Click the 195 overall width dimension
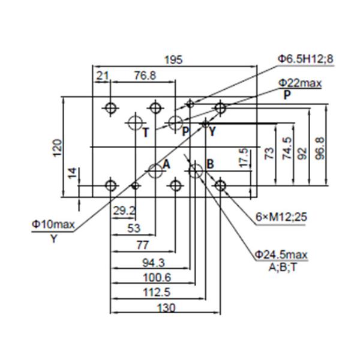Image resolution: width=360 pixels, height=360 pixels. pyautogui.click(x=173, y=59)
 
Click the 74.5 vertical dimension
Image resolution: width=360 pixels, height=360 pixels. pyautogui.click(x=287, y=148)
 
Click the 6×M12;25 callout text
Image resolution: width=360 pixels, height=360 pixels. pyautogui.click(x=281, y=217)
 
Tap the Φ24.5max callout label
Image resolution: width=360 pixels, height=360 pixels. pyautogui.click(x=281, y=256)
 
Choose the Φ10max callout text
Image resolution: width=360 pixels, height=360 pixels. pyautogui.click(x=53, y=224)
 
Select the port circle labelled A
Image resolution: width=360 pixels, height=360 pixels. pyautogui.click(x=156, y=170)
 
